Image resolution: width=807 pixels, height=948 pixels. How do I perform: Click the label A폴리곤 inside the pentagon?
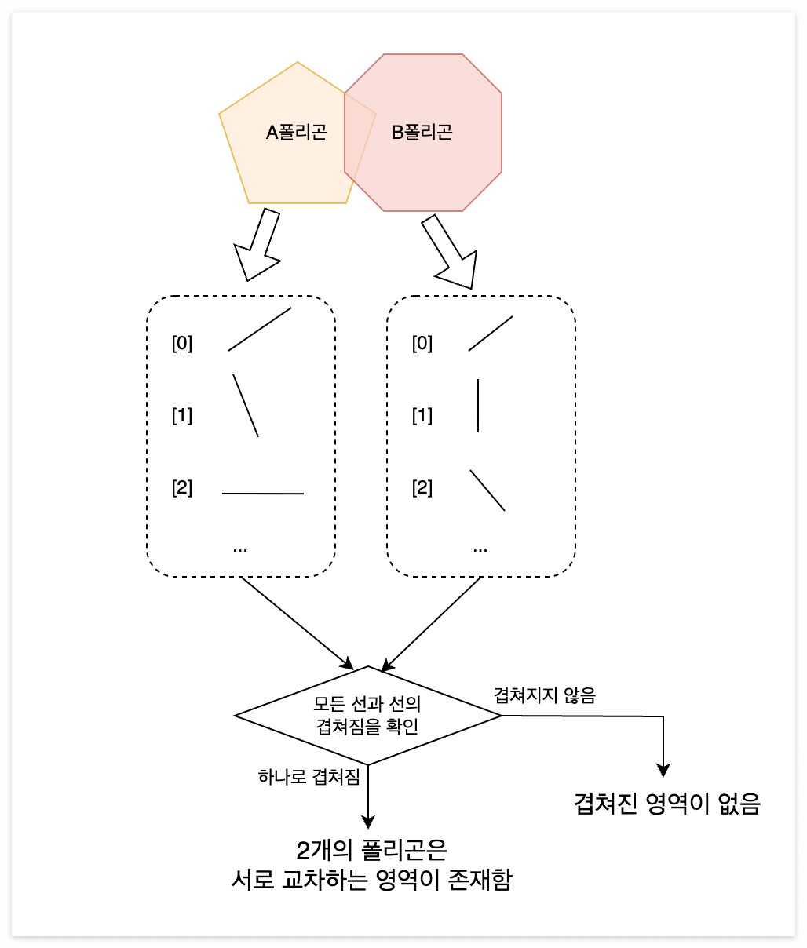pyautogui.click(x=296, y=132)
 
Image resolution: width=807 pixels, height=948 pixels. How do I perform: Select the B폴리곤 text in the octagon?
pyautogui.click(x=422, y=132)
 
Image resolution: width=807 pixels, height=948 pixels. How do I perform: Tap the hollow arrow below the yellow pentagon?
pyautogui.click(x=260, y=244)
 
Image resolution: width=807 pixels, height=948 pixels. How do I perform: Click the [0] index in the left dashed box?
pyautogui.click(x=182, y=343)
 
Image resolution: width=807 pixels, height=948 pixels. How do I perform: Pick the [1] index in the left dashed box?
pyautogui.click(x=182, y=415)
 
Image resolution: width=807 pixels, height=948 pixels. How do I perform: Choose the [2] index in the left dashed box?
pyautogui.click(x=182, y=487)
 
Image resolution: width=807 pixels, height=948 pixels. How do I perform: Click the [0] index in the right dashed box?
pyautogui.click(x=422, y=343)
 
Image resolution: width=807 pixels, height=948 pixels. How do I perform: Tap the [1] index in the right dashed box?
pyautogui.click(x=422, y=415)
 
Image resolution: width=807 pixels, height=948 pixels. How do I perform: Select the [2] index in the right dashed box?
pyautogui.click(x=422, y=487)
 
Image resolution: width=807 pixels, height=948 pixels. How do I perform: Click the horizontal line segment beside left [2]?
pyautogui.click(x=263, y=494)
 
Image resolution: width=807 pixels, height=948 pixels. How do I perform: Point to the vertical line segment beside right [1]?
pyautogui.click(x=478, y=406)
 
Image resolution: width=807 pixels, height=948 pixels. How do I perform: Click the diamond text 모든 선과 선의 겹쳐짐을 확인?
pyautogui.click(x=367, y=715)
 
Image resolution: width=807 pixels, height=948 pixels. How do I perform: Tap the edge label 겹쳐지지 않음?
pyautogui.click(x=544, y=695)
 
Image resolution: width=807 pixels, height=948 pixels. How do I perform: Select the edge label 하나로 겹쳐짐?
pyautogui.click(x=309, y=777)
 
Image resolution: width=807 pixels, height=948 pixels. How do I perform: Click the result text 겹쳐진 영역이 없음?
pyautogui.click(x=667, y=804)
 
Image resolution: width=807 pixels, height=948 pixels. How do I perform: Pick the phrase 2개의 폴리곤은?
pyautogui.click(x=371, y=850)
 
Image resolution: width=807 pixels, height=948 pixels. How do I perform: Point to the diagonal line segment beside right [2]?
pyautogui.click(x=487, y=490)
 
